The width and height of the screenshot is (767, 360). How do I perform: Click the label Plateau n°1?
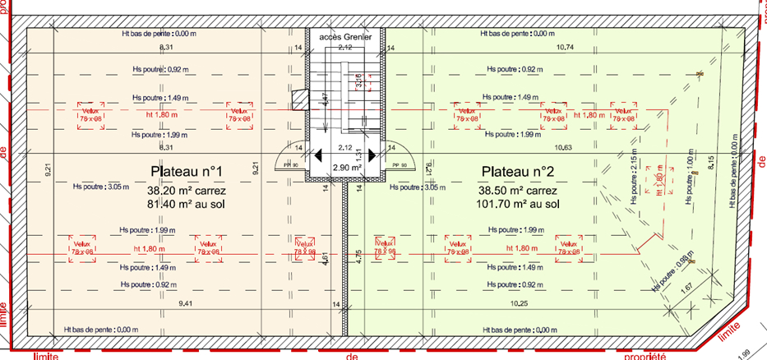[x=187, y=171]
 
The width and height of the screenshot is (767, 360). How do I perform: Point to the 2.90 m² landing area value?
[x=345, y=167]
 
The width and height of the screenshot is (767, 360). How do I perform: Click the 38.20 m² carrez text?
[x=187, y=188]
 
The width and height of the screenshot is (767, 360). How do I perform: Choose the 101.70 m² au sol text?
[x=518, y=203]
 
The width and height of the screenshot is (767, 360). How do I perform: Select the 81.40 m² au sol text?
[x=187, y=203]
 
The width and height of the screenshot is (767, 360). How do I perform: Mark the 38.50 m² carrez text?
[x=518, y=188]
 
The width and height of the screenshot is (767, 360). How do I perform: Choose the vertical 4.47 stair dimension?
[x=326, y=101]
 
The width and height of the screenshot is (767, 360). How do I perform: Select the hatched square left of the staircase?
[x=298, y=98]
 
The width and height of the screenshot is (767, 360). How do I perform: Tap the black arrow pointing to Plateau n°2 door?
[x=372, y=155]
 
